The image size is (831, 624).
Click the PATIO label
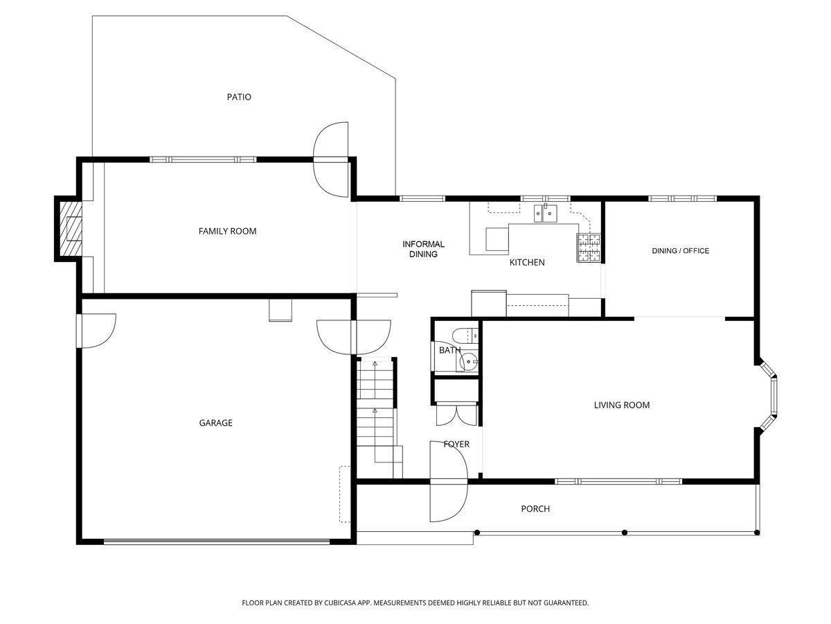[x=239, y=97]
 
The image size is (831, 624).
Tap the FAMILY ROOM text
[x=228, y=231]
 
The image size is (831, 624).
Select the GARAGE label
[x=216, y=423]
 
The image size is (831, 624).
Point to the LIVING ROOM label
[x=622, y=405]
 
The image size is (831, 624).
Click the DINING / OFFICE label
[x=680, y=251]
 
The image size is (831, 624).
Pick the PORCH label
[x=535, y=509]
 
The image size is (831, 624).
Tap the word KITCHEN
[x=527, y=263]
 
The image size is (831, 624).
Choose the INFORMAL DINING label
[x=423, y=249]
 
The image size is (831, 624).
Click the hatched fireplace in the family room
[x=71, y=229]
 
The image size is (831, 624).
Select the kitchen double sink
[x=545, y=214]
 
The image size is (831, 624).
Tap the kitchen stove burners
[x=589, y=248]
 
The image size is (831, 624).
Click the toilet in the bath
[x=465, y=336]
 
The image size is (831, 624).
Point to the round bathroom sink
[x=469, y=362]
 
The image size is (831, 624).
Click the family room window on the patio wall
[x=203, y=159]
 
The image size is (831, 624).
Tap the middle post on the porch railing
[x=625, y=532]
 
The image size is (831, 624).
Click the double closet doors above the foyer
[x=457, y=415]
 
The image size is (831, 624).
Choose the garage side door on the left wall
[x=96, y=331]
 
